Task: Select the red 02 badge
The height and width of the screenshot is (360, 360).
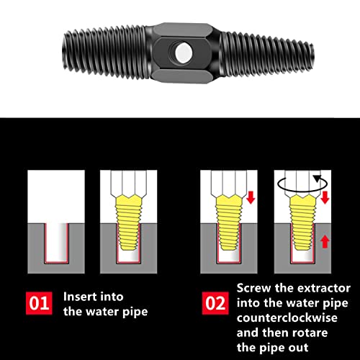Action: coord(215,302)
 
